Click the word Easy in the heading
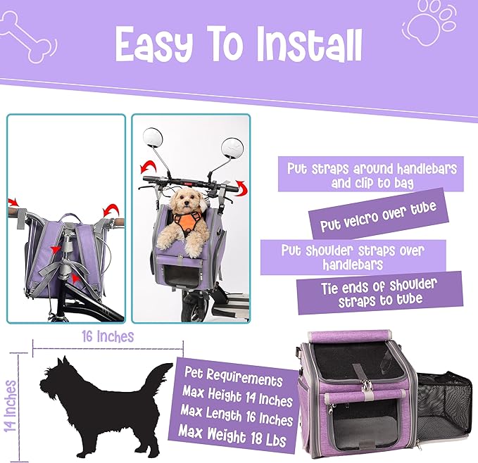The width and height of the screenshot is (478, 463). pyautogui.click(x=154, y=44)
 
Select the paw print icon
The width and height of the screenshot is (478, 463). pyautogui.click(x=430, y=23)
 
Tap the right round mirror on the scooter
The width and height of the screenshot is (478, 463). pyautogui.click(x=232, y=150)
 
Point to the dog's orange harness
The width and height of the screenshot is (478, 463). pyautogui.click(x=187, y=222)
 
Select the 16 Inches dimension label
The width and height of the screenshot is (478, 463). pyautogui.click(x=108, y=336)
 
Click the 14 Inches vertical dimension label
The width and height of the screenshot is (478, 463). pyautogui.click(x=11, y=406)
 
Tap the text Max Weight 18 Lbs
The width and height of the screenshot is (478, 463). pyautogui.click(x=232, y=436)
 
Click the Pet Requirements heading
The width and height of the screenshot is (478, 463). pyautogui.click(x=234, y=376)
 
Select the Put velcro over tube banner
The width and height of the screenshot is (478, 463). pyautogui.click(x=379, y=213)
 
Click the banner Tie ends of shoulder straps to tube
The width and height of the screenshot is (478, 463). pyautogui.click(x=380, y=293)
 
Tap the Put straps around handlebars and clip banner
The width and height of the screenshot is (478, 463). pyautogui.click(x=371, y=175)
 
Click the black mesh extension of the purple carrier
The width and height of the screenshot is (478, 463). pyautogui.click(x=441, y=405)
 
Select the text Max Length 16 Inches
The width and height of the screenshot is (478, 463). pyautogui.click(x=237, y=415)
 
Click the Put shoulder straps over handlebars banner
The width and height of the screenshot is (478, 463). pyautogui.click(x=353, y=257)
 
